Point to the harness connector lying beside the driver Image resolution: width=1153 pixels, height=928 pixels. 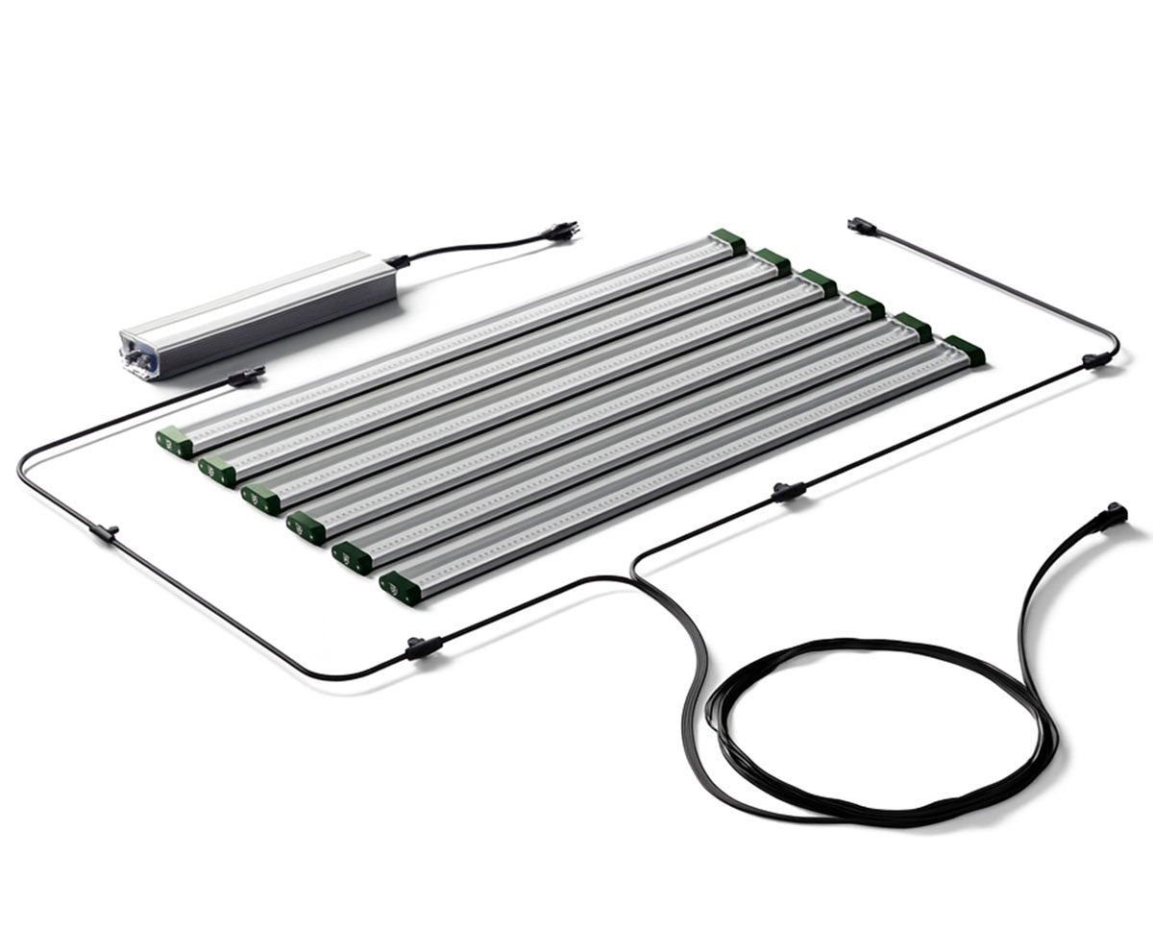coord(246,376)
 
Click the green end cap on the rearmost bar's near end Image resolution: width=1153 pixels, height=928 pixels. coord(174,442)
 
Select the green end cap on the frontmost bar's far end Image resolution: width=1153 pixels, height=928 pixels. coord(964,350)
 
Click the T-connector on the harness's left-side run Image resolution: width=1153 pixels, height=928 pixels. coord(104,531)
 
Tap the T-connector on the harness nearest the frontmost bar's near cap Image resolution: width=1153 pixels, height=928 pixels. coord(423,647)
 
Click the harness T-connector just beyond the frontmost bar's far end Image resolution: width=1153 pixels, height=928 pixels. coord(788,492)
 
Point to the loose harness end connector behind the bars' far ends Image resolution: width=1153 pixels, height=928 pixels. coord(861,226)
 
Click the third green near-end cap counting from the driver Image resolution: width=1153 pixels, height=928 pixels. coord(260,499)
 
